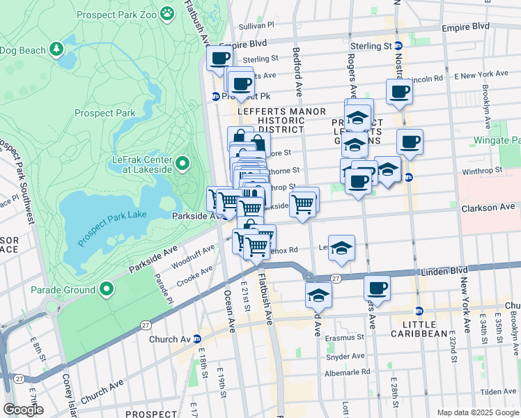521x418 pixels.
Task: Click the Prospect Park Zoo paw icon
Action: (166, 13)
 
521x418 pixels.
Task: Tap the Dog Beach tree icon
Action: (56, 49)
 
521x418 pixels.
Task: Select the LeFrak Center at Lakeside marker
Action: (182, 164)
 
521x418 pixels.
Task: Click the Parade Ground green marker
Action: (107, 289)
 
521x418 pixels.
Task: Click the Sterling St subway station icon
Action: (398, 46)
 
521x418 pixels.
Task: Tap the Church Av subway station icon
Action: (197, 339)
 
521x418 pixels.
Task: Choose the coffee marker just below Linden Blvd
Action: (377, 287)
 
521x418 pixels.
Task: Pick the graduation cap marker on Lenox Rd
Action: (341, 248)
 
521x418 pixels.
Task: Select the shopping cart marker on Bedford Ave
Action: (303, 204)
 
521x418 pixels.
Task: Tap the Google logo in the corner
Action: (22, 410)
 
